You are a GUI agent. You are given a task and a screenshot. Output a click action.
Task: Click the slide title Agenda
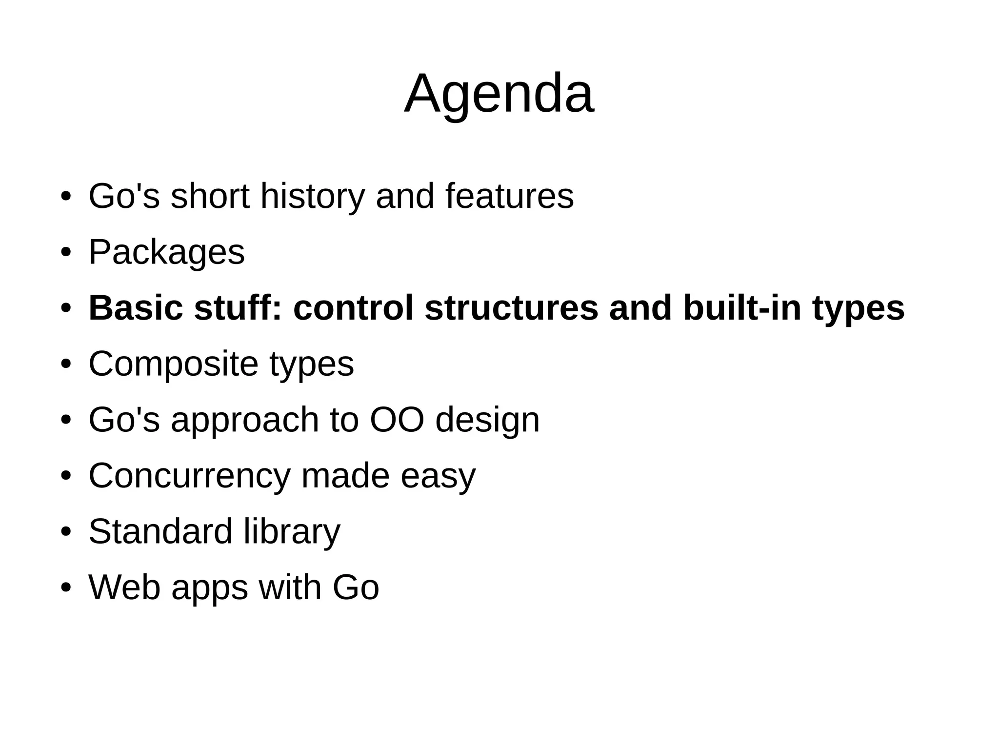click(499, 94)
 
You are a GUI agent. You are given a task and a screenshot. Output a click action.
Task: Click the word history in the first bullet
click(313, 196)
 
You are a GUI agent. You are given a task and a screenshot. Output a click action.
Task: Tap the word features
click(509, 196)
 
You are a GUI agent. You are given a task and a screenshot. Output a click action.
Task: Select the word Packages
click(166, 253)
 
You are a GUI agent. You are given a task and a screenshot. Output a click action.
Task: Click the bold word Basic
click(136, 308)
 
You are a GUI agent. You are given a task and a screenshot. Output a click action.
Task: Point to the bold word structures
click(511, 308)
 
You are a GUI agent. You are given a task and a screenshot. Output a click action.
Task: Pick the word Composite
click(173, 364)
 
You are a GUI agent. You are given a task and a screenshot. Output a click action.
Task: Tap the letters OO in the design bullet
click(397, 420)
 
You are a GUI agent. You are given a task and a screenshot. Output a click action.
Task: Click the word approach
click(244, 421)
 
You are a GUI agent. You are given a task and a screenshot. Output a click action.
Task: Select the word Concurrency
click(189, 476)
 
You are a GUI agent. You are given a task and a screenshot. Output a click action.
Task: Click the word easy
click(438, 476)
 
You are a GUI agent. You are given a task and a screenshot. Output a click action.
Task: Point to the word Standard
click(160, 531)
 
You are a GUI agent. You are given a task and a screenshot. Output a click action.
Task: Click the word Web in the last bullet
click(124, 587)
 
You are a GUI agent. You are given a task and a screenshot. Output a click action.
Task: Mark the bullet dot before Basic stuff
click(66, 309)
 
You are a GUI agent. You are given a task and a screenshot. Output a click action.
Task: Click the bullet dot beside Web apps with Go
click(66, 587)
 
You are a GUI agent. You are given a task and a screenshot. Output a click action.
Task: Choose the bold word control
click(353, 308)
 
